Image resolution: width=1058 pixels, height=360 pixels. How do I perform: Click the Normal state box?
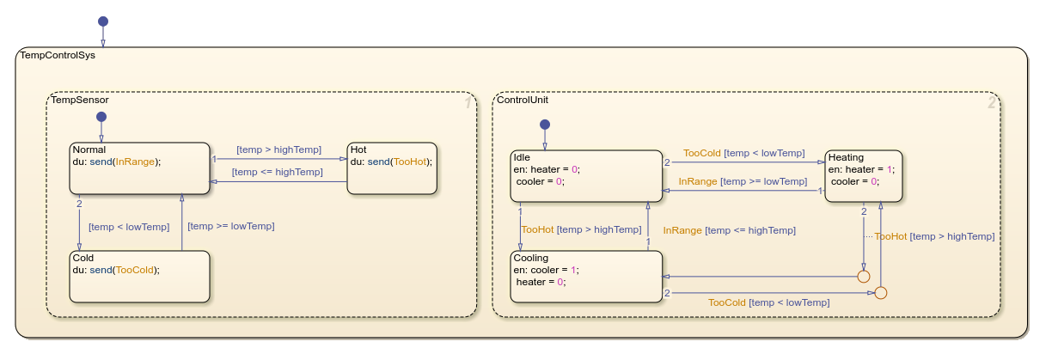pos(139,168)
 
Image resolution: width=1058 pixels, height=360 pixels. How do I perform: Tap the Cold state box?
pos(139,276)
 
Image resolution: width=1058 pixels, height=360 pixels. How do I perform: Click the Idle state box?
pos(587,176)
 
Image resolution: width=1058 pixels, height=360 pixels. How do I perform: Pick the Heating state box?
pos(863,176)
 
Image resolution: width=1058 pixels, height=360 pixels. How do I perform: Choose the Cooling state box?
pos(587,276)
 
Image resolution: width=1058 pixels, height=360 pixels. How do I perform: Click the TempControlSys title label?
pos(58,56)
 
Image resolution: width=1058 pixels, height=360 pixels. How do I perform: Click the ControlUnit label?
pos(523,100)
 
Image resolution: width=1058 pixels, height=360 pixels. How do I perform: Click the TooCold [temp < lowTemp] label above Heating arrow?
pos(743,153)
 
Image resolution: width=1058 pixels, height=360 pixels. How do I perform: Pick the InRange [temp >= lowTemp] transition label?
pos(743,181)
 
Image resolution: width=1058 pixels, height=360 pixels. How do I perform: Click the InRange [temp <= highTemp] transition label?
pos(729,230)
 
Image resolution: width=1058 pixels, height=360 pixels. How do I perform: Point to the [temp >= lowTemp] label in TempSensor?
pos(231,226)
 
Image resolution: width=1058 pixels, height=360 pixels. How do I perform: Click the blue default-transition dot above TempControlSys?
pos(103,21)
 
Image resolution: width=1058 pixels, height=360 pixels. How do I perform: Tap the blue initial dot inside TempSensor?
pos(101,117)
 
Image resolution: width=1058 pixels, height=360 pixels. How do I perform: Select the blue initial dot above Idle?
pos(544,125)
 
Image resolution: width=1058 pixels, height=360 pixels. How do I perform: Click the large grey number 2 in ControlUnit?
pos(991,103)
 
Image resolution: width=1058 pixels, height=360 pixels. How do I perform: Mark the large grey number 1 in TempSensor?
pos(467,103)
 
